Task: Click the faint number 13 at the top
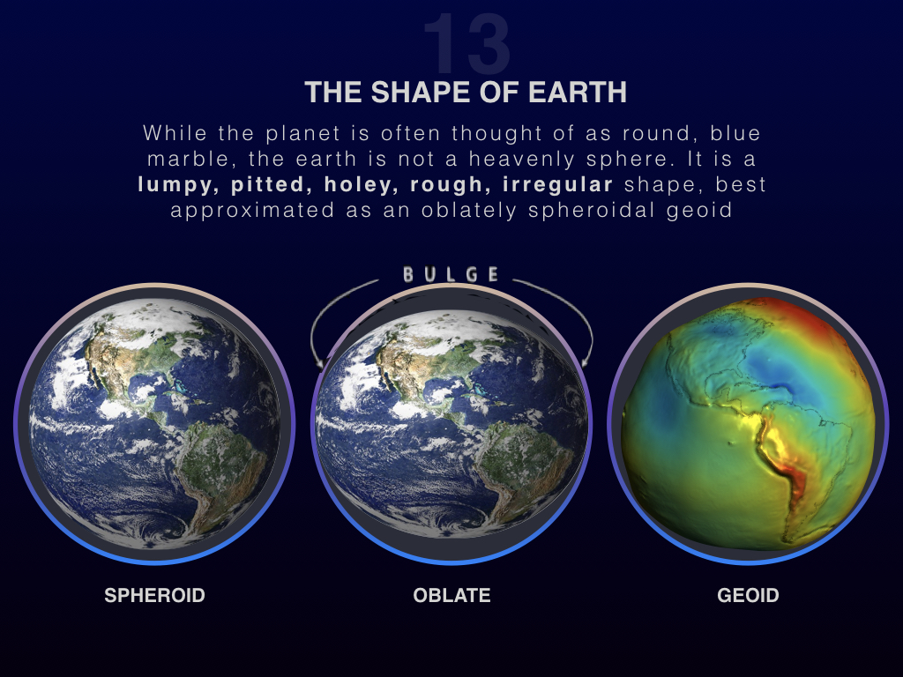point(466,44)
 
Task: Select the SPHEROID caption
point(154,595)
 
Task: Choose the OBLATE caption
point(451,595)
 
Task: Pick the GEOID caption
point(748,595)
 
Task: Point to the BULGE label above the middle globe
point(451,275)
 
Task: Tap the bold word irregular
point(557,184)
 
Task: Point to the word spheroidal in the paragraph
point(592,211)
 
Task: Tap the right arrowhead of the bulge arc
point(586,361)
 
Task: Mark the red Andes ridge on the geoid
point(784,460)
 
